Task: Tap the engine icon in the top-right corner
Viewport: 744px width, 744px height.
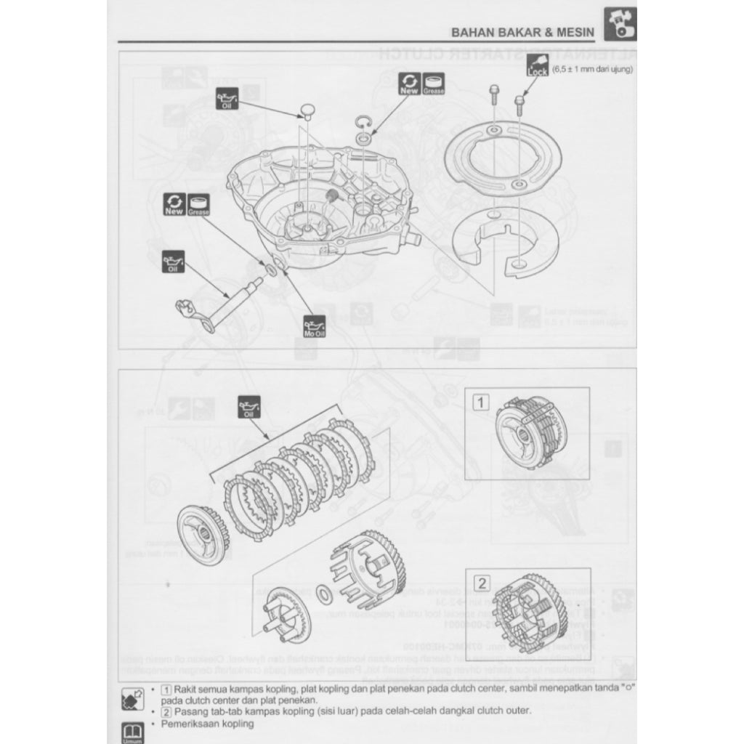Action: pos(620,23)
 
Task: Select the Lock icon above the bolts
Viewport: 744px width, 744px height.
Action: pos(537,68)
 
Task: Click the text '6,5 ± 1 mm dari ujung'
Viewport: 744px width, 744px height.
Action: pos(592,69)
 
